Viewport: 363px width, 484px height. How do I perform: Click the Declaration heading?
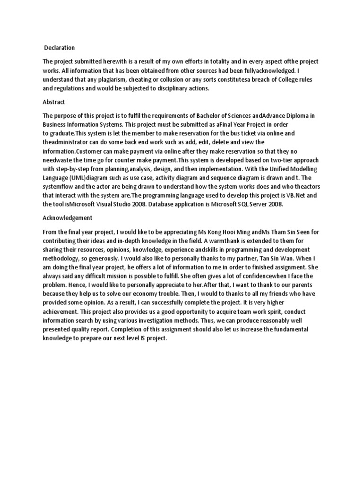click(x=60, y=48)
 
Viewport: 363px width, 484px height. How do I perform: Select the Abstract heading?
click(x=54, y=102)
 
